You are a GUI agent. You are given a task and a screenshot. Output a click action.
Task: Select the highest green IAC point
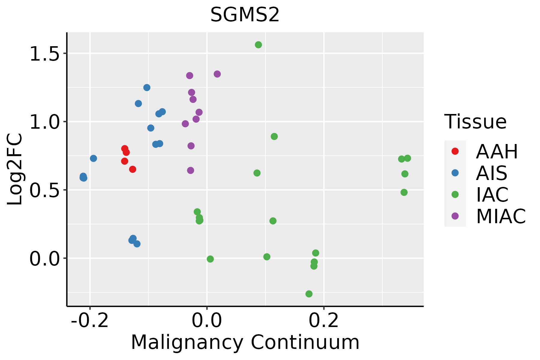[x=258, y=45]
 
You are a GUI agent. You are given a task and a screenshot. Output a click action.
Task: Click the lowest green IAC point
[x=309, y=294]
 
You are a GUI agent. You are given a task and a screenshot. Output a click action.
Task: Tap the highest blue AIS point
[x=147, y=88]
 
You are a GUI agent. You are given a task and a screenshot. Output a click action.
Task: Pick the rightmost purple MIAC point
[x=217, y=74]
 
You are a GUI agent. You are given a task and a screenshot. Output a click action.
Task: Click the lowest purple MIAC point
[x=190, y=170]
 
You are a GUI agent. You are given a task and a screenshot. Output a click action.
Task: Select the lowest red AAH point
[x=133, y=169]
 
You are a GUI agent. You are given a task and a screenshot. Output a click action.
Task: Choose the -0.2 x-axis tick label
[x=90, y=321]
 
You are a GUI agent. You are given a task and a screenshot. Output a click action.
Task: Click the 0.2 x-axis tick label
[x=324, y=321]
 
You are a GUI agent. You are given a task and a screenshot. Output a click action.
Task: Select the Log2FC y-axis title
[x=15, y=169]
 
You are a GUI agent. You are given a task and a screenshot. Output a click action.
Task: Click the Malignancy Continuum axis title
[x=245, y=342]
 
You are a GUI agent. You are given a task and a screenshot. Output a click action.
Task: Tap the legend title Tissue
[x=475, y=122]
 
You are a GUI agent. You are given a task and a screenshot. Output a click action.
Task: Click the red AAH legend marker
[x=455, y=151]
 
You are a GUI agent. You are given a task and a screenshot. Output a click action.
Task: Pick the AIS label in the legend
[x=492, y=173]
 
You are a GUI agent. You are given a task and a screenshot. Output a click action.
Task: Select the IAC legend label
[x=492, y=194]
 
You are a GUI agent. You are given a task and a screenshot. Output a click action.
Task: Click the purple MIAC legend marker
[x=455, y=216]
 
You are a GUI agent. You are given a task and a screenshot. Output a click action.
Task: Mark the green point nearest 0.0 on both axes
[x=210, y=259]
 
